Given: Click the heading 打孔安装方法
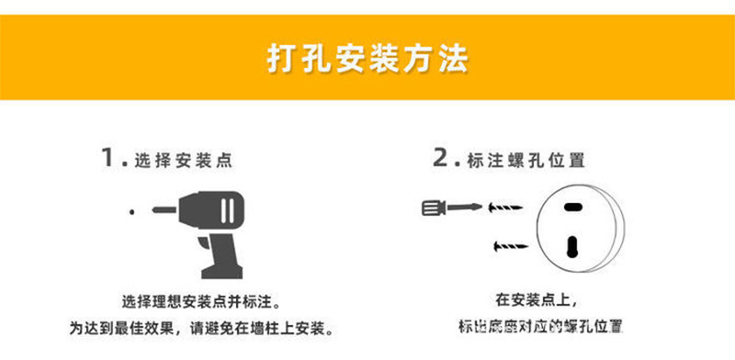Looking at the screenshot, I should click(x=367, y=60).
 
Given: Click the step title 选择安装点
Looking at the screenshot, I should click(x=183, y=160).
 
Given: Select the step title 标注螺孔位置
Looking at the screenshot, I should click(x=526, y=160).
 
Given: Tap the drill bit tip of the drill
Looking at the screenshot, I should click(x=156, y=211).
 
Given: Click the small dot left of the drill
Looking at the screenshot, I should click(x=132, y=212).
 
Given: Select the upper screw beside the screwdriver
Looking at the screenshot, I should click(x=503, y=206).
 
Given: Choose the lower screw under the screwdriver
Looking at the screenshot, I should click(x=510, y=246).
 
